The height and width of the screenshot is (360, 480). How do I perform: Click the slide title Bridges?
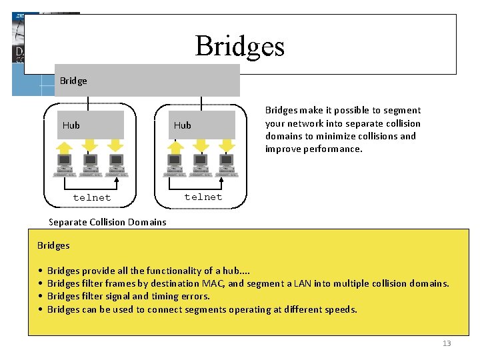coord(239,46)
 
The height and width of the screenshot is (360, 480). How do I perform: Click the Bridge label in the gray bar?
coord(73,81)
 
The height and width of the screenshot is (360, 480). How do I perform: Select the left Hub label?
coord(71,125)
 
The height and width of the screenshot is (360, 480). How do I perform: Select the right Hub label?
coord(182,125)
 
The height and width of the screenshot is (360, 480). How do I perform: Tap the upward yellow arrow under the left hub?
coord(65,147)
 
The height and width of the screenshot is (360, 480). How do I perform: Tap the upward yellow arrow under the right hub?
coord(177,147)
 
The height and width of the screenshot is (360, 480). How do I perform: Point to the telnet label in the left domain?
coord(92,197)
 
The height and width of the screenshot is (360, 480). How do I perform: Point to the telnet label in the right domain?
coord(203,197)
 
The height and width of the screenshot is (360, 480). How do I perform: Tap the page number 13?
coord(447,343)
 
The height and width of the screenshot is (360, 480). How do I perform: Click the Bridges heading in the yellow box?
coord(53,245)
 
